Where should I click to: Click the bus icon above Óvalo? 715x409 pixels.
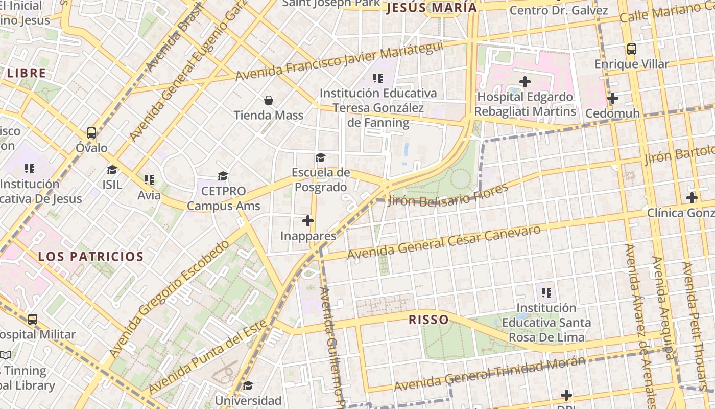(x=91, y=133)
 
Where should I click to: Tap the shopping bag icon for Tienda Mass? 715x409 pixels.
(x=269, y=100)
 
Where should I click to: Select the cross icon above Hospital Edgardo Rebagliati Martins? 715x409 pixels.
(x=525, y=82)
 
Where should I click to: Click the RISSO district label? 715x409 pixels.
(x=428, y=320)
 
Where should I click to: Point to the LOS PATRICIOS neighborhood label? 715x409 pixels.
(x=91, y=256)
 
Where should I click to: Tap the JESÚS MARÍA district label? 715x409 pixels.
(x=432, y=8)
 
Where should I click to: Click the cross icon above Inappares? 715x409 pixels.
(x=308, y=221)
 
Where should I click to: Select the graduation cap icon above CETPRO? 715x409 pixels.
(x=223, y=176)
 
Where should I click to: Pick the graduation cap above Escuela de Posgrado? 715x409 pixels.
(x=320, y=157)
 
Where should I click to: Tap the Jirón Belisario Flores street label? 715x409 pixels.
(x=448, y=194)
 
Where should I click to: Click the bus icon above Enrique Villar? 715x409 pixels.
(x=632, y=49)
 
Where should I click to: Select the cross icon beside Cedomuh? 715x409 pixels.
(x=613, y=98)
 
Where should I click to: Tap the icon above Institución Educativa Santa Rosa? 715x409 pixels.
(x=546, y=293)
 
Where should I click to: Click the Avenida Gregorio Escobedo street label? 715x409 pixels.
(x=169, y=299)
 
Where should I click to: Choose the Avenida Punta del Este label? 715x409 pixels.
(x=207, y=357)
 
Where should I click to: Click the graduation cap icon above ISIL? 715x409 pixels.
(x=112, y=170)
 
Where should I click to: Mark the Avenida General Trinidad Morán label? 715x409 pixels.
(x=489, y=373)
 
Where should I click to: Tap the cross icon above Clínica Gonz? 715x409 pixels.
(x=692, y=197)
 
